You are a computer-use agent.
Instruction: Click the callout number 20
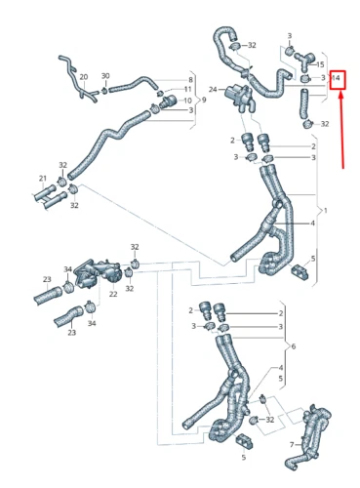[x=83, y=77]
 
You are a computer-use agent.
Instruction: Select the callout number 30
[x=105, y=77]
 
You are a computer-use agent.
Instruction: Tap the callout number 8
[x=189, y=79]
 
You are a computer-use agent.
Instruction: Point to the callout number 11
[x=188, y=89]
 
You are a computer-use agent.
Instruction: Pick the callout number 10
[x=188, y=100]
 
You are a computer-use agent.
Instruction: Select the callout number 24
[x=212, y=90]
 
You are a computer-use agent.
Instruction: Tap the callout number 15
[x=320, y=64]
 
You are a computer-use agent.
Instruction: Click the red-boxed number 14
[x=337, y=77]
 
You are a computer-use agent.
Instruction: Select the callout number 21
[x=42, y=178]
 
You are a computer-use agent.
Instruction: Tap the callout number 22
[x=112, y=294]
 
